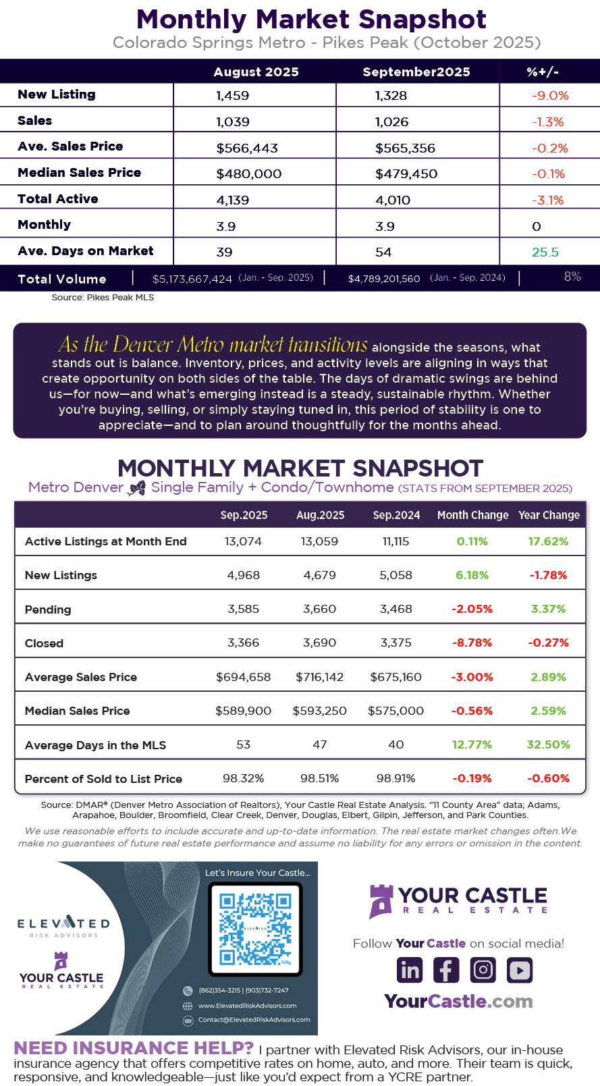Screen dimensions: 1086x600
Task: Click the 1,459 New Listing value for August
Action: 233,96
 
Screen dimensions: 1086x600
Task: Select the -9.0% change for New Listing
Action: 550,96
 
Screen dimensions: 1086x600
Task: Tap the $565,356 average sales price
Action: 405,148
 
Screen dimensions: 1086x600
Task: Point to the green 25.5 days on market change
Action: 545,252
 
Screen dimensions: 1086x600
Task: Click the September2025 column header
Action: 416,72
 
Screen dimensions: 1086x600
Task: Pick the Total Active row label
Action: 58,199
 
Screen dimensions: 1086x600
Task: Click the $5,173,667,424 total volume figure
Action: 192,279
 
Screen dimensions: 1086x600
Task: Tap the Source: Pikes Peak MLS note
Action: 103,298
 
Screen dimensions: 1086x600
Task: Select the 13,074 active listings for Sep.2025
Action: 243,541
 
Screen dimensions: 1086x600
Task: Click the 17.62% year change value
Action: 548,541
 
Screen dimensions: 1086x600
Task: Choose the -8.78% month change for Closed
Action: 472,643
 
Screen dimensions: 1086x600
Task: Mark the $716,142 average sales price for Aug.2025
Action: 319,677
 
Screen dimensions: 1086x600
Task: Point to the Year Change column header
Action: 549,515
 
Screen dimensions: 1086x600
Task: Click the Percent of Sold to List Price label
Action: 103,779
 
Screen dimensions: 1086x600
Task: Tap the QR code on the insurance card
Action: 255,928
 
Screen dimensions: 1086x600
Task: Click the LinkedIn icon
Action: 410,970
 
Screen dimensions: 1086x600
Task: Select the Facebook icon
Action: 446,970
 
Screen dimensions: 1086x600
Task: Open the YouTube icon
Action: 520,970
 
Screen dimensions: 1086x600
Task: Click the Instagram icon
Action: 483,970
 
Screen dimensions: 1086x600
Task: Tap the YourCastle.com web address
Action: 458,1001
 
